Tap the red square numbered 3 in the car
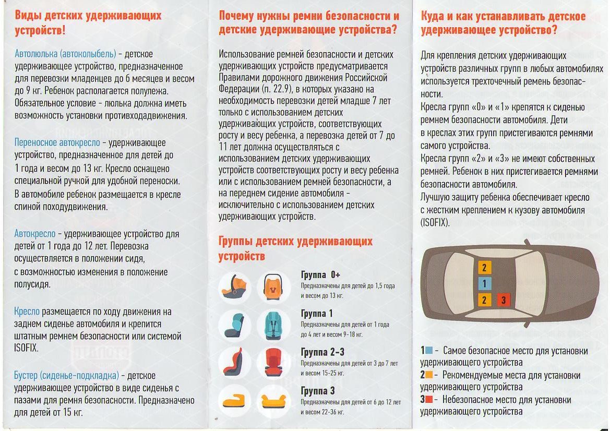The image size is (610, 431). coord(503,300)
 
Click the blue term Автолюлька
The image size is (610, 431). coord(36,54)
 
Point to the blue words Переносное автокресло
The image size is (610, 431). coord(57,142)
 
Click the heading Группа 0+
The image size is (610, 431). coord(320,275)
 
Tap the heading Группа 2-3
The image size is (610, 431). coord(322,352)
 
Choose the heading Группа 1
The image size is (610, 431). coord(317,314)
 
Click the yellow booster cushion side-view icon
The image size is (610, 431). coord(235,401)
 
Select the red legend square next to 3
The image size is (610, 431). coord(428,400)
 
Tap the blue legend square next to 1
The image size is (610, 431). coord(428,350)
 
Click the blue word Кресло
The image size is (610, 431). coord(27,312)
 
